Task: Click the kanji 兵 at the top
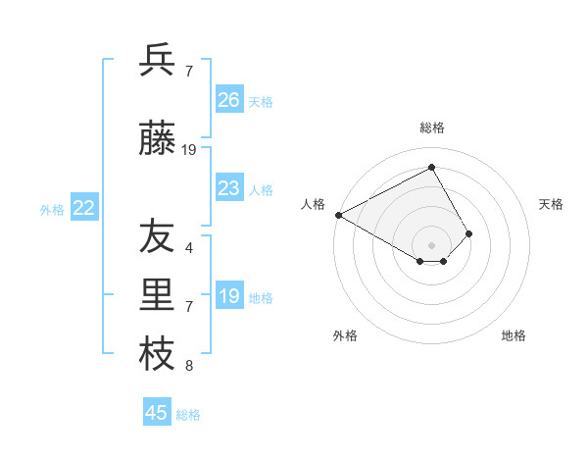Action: click(x=157, y=61)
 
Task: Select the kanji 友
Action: click(x=157, y=238)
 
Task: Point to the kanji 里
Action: click(x=157, y=296)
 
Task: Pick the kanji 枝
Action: click(x=157, y=354)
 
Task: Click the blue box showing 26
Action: click(x=228, y=99)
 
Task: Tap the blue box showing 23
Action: click(x=228, y=187)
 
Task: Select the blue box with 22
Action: click(x=83, y=207)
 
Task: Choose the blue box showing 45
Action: click(x=157, y=412)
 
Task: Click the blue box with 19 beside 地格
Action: click(x=228, y=296)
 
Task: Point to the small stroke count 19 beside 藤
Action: click(x=190, y=150)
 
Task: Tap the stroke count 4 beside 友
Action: click(x=189, y=248)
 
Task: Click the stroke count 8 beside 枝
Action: click(x=189, y=367)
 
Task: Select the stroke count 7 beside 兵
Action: click(x=189, y=72)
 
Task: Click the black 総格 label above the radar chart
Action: click(x=432, y=128)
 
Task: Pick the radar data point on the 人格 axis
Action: click(x=338, y=214)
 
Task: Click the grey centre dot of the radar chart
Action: click(x=431, y=243)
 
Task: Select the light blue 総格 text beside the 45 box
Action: click(x=188, y=415)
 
